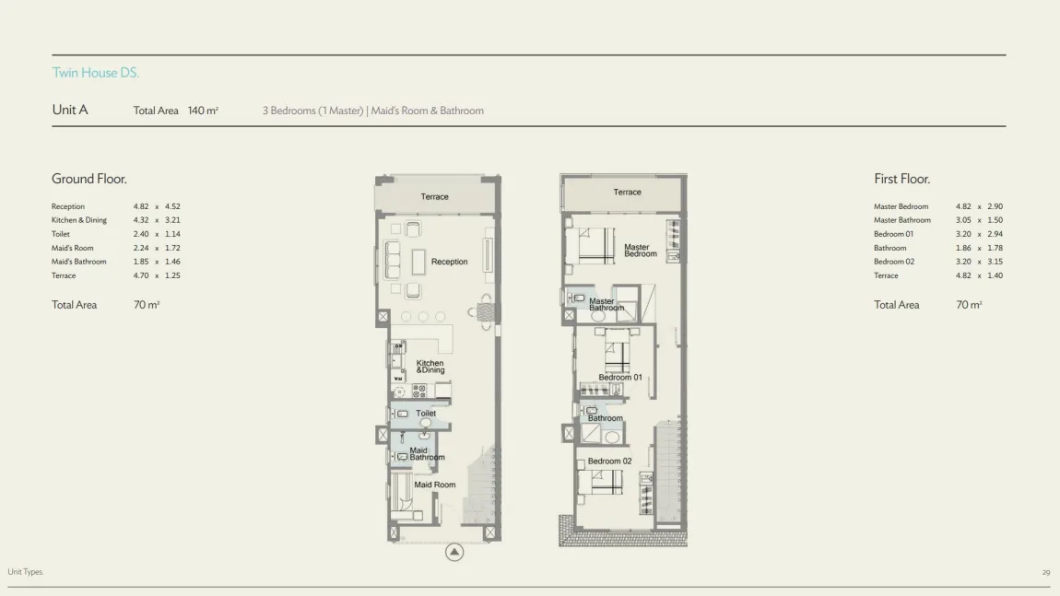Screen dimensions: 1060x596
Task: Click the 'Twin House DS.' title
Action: (95, 73)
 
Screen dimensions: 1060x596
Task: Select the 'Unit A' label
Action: (70, 111)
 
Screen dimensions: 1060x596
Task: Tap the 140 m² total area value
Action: (203, 111)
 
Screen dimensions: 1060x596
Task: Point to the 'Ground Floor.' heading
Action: (89, 179)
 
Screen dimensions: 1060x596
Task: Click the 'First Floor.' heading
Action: (901, 179)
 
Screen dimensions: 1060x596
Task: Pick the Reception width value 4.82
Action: (141, 206)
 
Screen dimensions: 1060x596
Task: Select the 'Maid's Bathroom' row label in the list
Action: (78, 262)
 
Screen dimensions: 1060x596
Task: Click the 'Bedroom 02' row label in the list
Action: (894, 262)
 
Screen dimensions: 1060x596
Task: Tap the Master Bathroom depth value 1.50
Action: (995, 220)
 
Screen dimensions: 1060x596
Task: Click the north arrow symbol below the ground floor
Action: (454, 552)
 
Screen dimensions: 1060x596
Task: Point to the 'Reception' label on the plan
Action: (449, 262)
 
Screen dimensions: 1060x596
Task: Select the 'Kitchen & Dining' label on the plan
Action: (430, 367)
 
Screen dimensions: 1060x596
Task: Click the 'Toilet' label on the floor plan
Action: (426, 413)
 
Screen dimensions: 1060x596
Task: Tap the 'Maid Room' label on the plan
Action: (435, 485)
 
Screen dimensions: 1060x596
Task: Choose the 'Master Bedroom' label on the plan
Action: (641, 251)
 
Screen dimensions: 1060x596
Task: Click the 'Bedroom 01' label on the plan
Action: (620, 378)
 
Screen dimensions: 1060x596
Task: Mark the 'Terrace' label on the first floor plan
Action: (628, 193)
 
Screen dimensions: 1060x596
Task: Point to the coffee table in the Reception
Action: (418, 263)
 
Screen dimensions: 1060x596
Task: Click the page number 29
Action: (1046, 572)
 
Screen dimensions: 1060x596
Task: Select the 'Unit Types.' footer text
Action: (26, 572)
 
